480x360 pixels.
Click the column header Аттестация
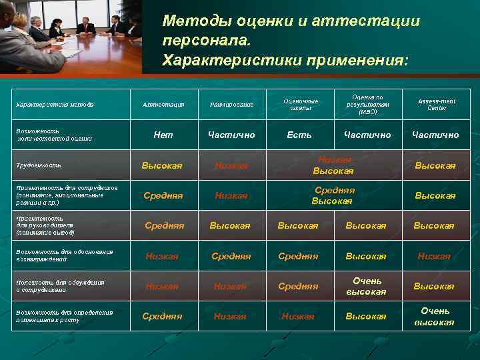163,105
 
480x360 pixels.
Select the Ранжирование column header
231,105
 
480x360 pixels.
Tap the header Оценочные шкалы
301,105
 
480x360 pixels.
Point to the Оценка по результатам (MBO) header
367,104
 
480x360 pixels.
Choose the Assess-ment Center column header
436,104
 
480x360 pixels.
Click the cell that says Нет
163,135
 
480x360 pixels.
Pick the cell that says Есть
299,135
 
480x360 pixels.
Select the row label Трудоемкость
39,165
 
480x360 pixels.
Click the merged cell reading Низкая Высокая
333,165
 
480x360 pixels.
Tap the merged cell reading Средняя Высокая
333,195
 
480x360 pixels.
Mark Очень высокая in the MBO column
366,286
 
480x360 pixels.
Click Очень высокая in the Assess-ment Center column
434,316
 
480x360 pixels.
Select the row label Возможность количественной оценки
53,135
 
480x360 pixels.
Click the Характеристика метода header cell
55,105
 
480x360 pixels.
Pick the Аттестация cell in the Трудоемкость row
162,165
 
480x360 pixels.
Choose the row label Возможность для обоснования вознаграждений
63,255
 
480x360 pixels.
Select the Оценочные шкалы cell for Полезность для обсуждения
298,286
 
